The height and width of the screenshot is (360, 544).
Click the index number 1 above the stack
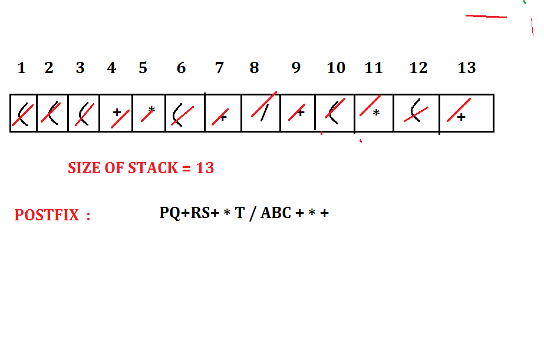pyautogui.click(x=22, y=68)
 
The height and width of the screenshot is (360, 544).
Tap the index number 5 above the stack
pyautogui.click(x=143, y=68)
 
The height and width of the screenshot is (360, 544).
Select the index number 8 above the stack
pyautogui.click(x=254, y=68)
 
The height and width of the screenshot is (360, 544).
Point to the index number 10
pyautogui.click(x=336, y=68)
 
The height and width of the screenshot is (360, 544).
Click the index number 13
pyautogui.click(x=466, y=68)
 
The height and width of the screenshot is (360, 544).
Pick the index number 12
pyautogui.click(x=418, y=68)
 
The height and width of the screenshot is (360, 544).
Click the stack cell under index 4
pyautogui.click(x=116, y=113)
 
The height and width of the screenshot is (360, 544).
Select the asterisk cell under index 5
pyautogui.click(x=149, y=113)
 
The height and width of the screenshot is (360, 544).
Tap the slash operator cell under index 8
pyautogui.click(x=261, y=113)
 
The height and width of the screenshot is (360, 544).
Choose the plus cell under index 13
pyautogui.click(x=466, y=113)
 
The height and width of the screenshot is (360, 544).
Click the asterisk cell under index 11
pyautogui.click(x=374, y=113)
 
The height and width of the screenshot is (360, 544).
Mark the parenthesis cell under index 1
pyautogui.click(x=24, y=113)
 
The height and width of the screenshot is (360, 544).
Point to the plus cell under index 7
pyautogui.click(x=223, y=113)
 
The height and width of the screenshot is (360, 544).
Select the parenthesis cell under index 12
pyautogui.click(x=416, y=113)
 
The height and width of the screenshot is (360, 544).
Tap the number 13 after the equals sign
pyautogui.click(x=205, y=168)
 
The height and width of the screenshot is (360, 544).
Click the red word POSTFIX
pyautogui.click(x=47, y=215)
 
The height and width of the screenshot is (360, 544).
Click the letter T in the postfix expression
pyautogui.click(x=239, y=213)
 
